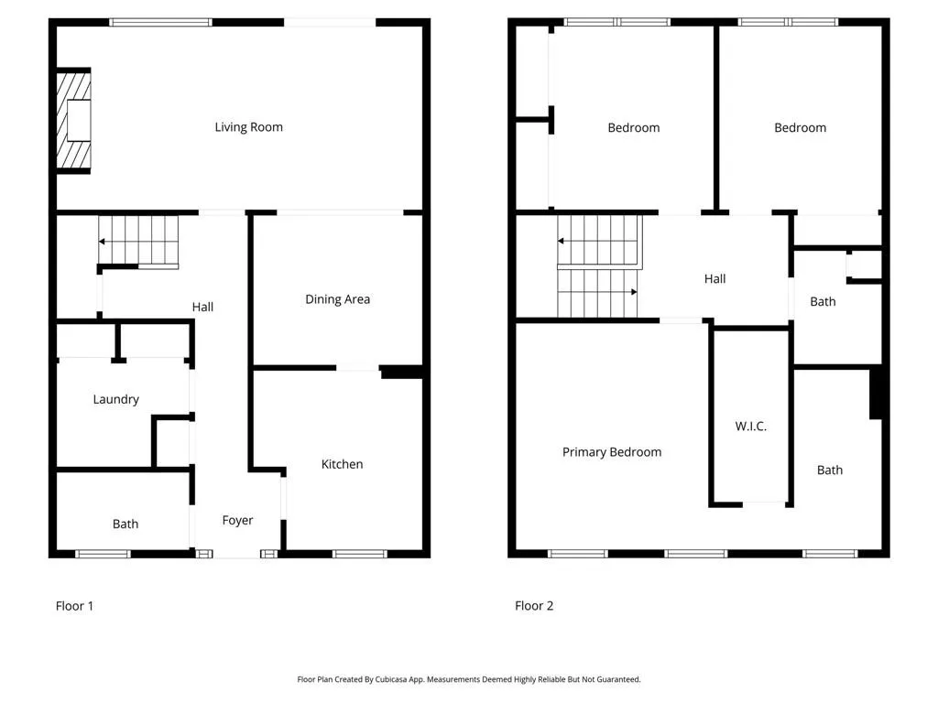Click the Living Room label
[248, 127]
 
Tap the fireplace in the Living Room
[74, 120]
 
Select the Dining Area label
[337, 299]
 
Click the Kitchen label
[342, 464]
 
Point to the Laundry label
[116, 399]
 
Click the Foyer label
[237, 520]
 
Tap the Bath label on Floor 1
[125, 524]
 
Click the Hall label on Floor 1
[202, 307]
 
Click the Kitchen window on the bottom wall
[359, 554]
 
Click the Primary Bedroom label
[611, 451]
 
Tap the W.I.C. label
[750, 427]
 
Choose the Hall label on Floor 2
[714, 278]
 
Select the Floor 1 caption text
[74, 605]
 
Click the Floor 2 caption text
[534, 605]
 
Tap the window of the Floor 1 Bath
[103, 554]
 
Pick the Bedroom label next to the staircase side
[633, 127]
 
